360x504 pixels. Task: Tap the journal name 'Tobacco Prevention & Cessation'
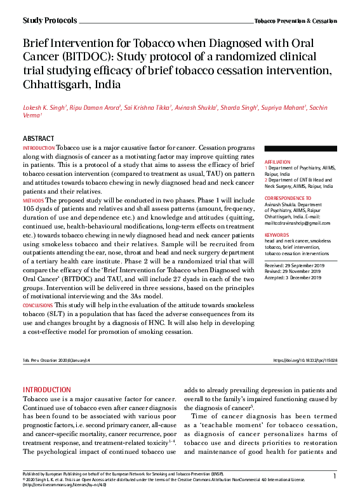tap(295, 22)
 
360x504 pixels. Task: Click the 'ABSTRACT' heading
tap(38, 138)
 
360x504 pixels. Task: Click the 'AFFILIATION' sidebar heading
tap(277, 162)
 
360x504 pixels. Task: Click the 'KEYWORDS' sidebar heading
tap(277, 234)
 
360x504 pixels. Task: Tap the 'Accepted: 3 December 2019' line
tap(293, 277)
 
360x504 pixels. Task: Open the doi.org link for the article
tap(305, 360)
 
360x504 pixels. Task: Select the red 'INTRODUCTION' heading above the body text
tap(47, 389)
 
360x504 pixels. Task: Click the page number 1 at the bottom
tap(334, 475)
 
